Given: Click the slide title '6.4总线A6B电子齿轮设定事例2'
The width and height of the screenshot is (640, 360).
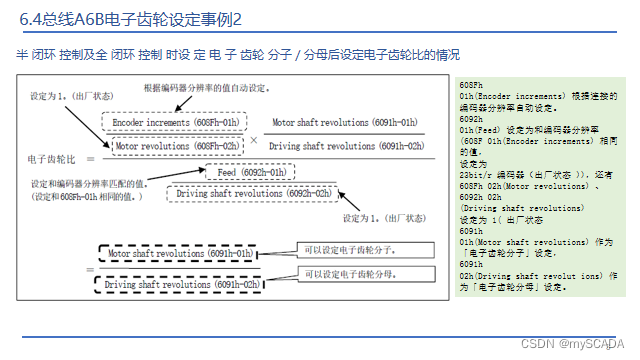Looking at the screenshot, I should (x=131, y=19).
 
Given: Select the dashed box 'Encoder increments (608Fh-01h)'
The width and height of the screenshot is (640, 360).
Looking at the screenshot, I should (x=176, y=123).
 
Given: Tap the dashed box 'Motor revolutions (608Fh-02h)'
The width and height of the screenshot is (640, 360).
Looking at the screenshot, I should (x=176, y=146).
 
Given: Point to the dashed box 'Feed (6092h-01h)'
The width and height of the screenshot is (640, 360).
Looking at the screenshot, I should (x=246, y=172).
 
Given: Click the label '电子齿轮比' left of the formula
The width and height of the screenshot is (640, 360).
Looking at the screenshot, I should (x=50, y=158).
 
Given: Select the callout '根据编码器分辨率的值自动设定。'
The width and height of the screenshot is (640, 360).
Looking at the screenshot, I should (x=206, y=88).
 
